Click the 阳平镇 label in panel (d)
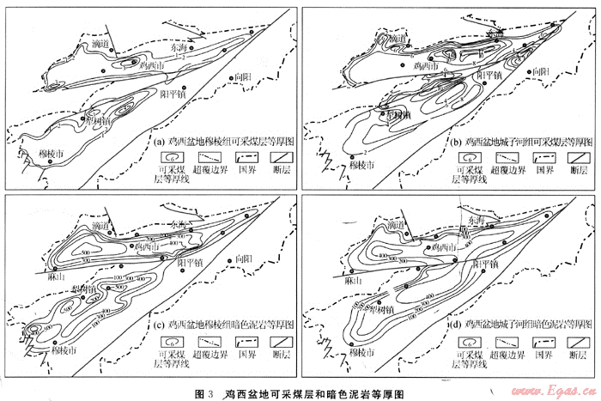(486, 264)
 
